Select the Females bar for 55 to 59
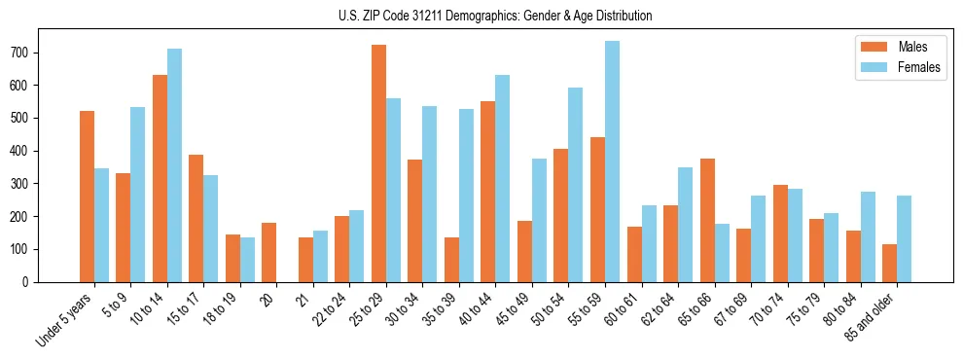click(x=612, y=162)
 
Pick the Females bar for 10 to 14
click(x=174, y=165)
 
